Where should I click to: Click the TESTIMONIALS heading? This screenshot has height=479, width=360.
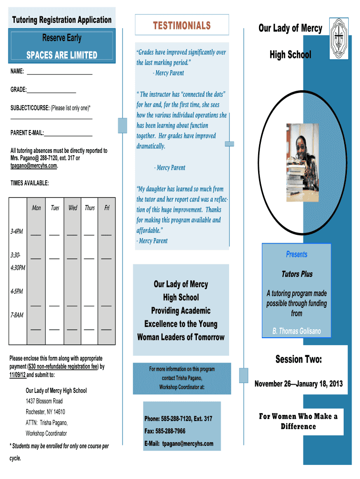point(182,25)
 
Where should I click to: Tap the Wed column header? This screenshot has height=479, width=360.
point(73,208)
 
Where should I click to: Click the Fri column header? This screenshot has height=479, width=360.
point(107,208)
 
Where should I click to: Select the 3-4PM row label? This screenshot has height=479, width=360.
point(17,232)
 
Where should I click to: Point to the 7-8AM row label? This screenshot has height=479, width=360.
point(17,315)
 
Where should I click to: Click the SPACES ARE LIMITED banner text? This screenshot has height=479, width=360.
point(62,56)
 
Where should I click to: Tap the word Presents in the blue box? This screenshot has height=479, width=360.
point(296,254)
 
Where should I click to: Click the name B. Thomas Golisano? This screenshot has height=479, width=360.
point(297,332)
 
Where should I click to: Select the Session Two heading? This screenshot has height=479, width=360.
point(298,360)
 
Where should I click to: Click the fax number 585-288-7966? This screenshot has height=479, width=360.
point(165,431)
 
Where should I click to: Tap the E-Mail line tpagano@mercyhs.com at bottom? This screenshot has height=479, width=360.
point(179,443)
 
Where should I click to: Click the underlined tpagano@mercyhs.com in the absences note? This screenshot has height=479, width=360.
point(34,166)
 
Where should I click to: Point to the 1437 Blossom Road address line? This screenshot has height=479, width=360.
point(44,401)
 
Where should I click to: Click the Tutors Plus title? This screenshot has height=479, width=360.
point(297,274)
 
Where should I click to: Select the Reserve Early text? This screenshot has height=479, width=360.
point(62,38)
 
